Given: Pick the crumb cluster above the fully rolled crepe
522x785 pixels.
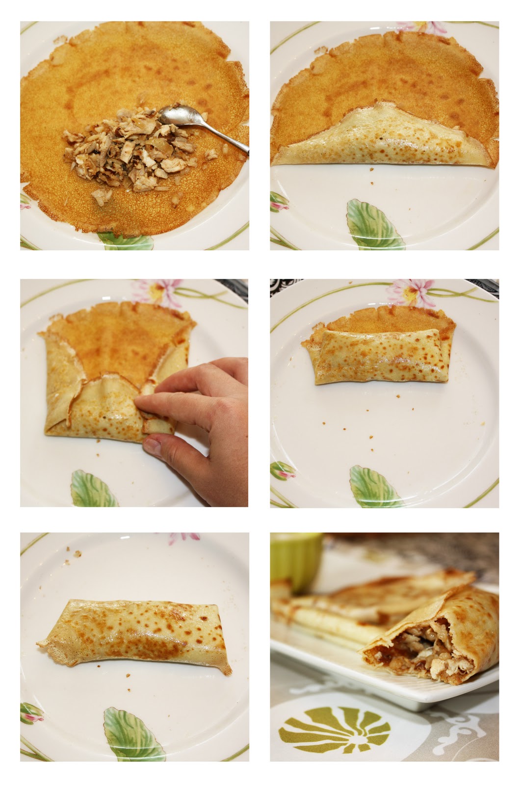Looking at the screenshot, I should click(76, 553).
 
